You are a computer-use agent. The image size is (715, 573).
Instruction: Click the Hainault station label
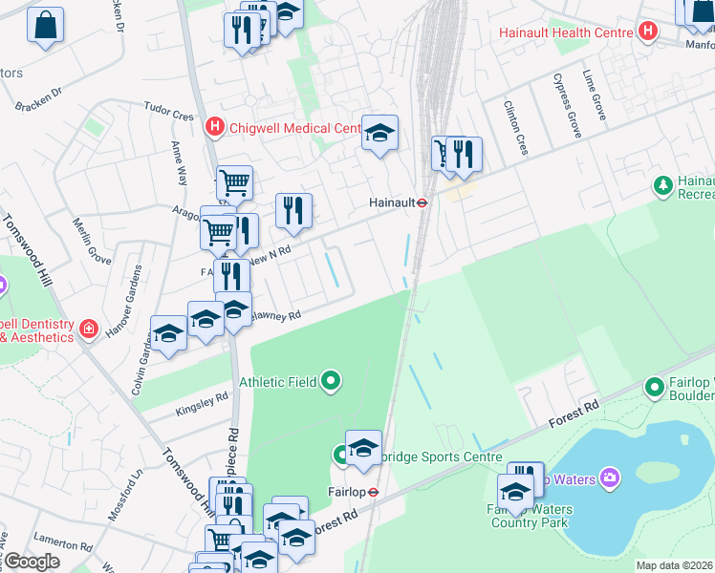[x=392, y=202]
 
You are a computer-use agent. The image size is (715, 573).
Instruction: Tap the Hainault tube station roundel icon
[x=421, y=202]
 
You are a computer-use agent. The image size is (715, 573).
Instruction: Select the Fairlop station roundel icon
[x=374, y=493]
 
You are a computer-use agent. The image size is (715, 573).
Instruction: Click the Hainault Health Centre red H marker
[x=649, y=32]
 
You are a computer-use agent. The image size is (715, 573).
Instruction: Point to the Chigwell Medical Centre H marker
[x=215, y=126]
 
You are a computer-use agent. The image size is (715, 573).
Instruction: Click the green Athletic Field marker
[x=332, y=382]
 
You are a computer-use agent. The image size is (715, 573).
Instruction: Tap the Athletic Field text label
[x=278, y=382]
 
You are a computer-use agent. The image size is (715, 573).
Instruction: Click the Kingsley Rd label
[x=202, y=405]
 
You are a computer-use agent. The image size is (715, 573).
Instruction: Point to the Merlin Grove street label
[x=92, y=240]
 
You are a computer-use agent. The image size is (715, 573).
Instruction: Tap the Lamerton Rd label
[x=61, y=547]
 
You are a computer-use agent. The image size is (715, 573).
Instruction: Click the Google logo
[x=32, y=562]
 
